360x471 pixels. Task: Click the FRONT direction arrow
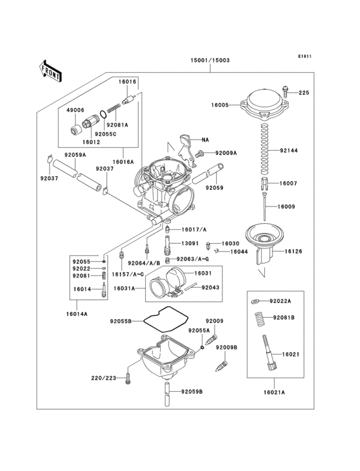[51, 69]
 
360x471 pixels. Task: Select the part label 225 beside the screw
[303, 93]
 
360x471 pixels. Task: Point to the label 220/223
[104, 378]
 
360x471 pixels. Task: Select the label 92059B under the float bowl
[191, 391]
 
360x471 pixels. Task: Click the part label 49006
[76, 110]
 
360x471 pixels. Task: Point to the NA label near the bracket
[205, 140]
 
